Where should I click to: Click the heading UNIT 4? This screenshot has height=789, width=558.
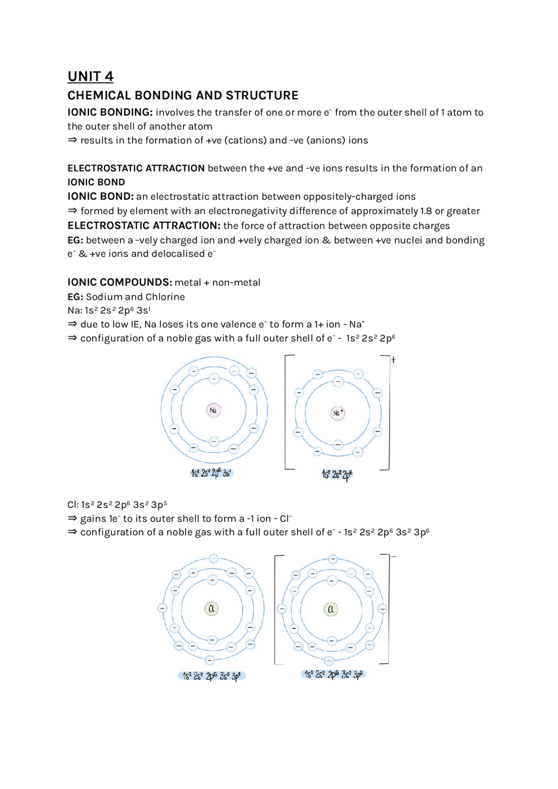pos(90,76)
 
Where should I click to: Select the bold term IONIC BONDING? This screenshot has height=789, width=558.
pos(110,112)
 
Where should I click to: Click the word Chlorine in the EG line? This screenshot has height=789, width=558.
pos(165,297)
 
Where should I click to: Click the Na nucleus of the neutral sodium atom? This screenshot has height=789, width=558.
pos(213,410)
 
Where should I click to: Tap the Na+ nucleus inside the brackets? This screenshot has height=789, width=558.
pos(338,413)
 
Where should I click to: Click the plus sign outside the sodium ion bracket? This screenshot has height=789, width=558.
pos(393,360)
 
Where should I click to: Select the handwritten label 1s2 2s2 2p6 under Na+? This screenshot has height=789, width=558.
pos(337,474)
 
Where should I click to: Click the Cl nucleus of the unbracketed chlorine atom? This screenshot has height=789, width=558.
pos(211,609)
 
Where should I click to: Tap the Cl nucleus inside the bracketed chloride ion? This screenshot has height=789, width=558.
pos(331,609)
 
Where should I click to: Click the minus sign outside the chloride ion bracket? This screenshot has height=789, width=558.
pos(394,557)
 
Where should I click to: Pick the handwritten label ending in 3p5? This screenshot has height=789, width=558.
pos(211,676)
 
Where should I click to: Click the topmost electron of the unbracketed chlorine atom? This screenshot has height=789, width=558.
pos(213,559)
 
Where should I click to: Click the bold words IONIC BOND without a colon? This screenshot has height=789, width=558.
pos(96,182)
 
